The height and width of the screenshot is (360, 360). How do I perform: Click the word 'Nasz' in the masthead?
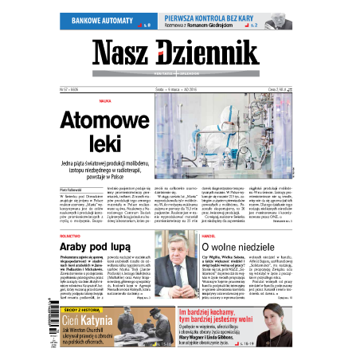[x=123, y=53]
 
